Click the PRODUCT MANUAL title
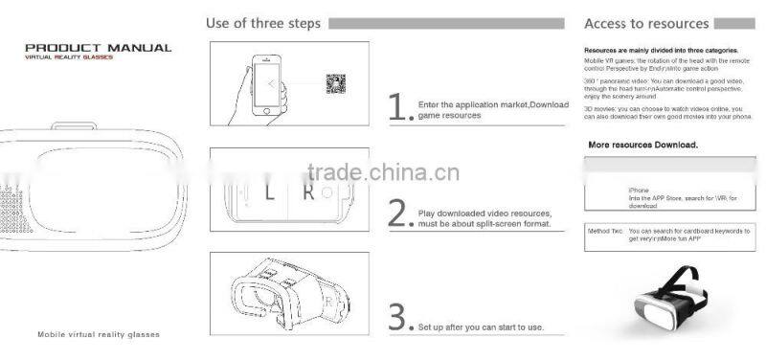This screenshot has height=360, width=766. coord(98,47)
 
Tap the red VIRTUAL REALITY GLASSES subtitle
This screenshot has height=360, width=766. coord(69,57)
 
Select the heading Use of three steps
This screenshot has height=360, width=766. coord(263,23)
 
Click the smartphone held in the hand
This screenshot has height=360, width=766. coord(274,86)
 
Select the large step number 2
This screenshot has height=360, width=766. coord(399,213)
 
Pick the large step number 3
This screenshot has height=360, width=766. coord(399,316)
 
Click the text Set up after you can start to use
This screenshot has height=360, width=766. coord(481,327)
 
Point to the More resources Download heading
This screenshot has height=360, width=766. coord(642,146)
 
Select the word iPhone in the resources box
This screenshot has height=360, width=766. coord(639,190)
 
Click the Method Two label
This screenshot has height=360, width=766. coord(605,231)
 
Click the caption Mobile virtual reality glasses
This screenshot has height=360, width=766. coord(99,335)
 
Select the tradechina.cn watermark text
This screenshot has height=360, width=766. coord(383,173)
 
